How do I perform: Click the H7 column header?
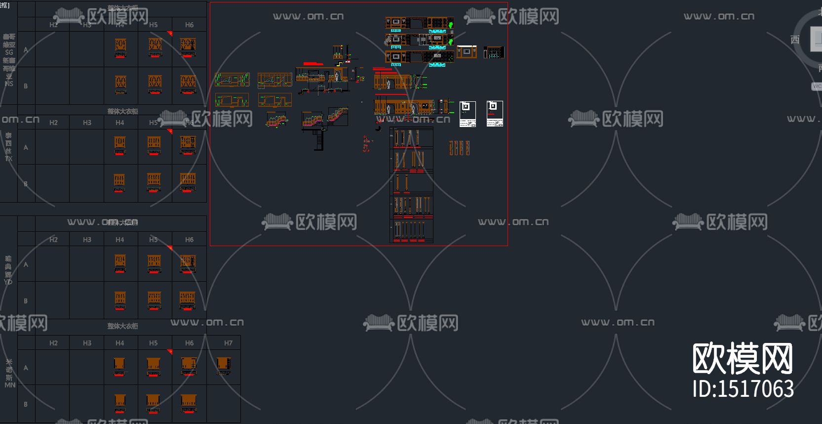[x=228, y=343]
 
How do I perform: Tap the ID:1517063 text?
[x=743, y=389]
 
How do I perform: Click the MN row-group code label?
[x=10, y=385]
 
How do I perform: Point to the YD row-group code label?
[x=8, y=282]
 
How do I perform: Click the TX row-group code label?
[x=8, y=159]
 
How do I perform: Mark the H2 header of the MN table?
[x=53, y=343]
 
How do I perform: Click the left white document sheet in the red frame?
[x=468, y=114]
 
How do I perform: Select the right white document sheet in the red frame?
[x=495, y=114]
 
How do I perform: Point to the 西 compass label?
[x=795, y=40]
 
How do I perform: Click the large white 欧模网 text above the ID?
[x=743, y=359]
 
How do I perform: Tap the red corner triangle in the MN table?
[x=170, y=352]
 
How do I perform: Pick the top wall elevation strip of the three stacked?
[x=419, y=23]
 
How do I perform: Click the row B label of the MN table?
[x=26, y=404]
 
